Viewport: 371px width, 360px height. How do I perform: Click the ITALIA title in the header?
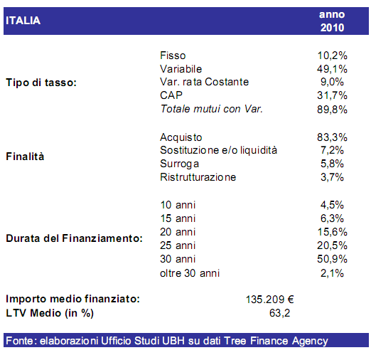23,21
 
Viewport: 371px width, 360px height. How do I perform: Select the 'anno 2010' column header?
331,21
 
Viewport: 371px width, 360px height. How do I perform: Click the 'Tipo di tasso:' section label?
41,82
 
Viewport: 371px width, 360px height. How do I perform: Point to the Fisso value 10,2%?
331,55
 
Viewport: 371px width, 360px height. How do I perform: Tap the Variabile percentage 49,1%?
331,69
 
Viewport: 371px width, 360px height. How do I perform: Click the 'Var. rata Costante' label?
205,82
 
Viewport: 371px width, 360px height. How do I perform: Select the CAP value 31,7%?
331,95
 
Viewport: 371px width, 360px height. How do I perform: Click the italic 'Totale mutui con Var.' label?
212,109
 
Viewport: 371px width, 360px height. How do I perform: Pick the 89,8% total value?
331,109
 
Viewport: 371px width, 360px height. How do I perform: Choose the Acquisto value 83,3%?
331,137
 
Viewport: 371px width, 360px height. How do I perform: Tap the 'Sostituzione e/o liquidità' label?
218,150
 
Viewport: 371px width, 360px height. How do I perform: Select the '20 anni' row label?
178,232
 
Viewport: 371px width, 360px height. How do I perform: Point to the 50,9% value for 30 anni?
331,259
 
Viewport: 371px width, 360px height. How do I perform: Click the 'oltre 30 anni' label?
190,272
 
